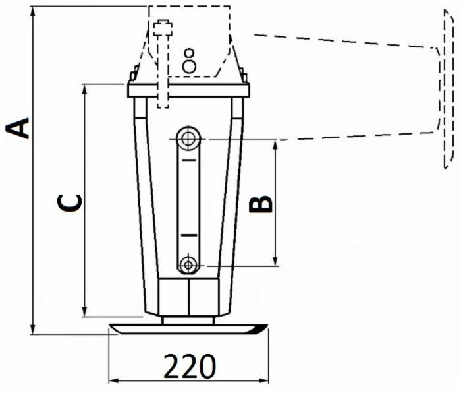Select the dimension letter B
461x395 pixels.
tap(261, 204)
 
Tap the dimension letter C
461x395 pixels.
tap(70, 203)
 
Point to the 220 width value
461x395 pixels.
tap(189, 366)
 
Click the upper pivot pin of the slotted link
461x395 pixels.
tap(189, 138)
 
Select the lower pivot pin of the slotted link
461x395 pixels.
tap(189, 265)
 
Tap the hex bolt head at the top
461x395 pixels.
tap(162, 29)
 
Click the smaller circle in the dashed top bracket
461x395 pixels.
tap(190, 52)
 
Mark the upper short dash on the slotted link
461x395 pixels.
tap(189, 160)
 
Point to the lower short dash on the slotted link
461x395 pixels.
tap(189, 235)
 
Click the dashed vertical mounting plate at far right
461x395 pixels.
tap(448, 92)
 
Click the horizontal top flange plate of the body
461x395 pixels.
tap(189, 90)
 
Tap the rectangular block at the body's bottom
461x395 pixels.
tap(189, 297)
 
